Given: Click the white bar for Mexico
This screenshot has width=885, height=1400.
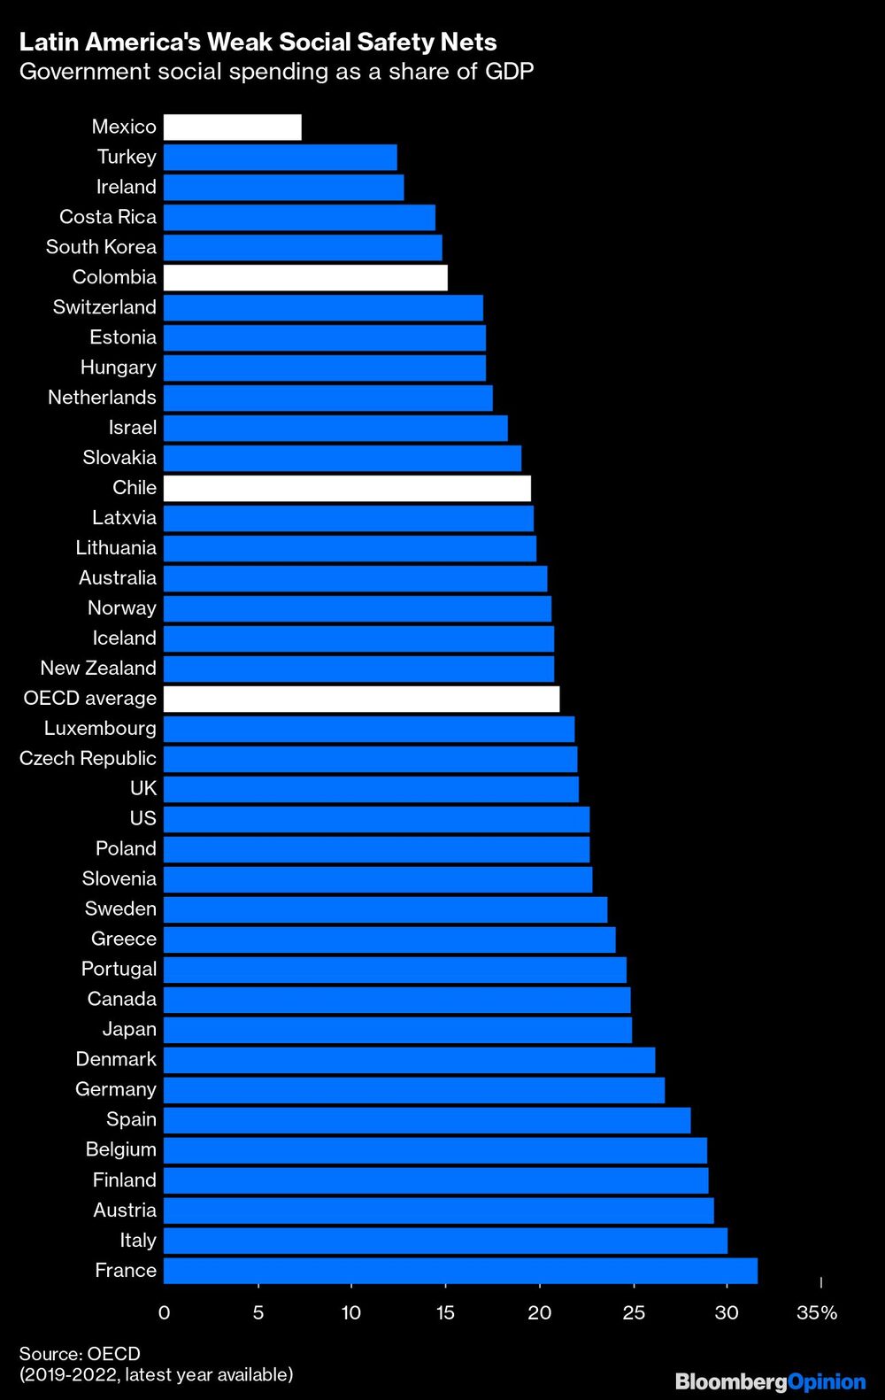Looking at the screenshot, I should pos(232,128).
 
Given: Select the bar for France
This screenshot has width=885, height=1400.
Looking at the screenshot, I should pos(460,1271).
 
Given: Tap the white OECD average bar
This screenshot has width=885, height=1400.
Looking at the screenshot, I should pos(361,699).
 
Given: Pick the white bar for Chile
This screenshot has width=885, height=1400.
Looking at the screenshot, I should pos(347,488).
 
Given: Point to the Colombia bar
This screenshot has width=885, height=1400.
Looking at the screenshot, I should pos(305,277).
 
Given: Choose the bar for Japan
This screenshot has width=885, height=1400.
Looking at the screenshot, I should pos(397,1030).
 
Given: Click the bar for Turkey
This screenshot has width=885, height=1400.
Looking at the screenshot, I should pos(280,158).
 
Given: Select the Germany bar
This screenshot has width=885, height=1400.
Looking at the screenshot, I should pos(413,1090).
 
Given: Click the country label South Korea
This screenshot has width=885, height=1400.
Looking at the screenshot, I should pos(101,247).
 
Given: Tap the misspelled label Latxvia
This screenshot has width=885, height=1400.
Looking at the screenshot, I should pos(124,518).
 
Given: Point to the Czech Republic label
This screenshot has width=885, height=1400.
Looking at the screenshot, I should pos(88,759).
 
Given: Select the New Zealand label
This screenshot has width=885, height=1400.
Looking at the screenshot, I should pos(98,669).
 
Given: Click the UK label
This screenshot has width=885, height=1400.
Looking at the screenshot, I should pos(142,789).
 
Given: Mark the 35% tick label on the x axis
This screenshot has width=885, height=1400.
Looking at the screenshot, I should pos(816,1312).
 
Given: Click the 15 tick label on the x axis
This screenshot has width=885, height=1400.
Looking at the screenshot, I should pos(445,1312).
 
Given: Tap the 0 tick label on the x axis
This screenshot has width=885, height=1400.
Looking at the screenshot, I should pos(164,1312).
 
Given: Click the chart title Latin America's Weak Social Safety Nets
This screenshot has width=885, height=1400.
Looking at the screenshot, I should pos(258,42).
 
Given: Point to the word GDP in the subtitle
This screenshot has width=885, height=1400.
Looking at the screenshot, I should pos(509,72).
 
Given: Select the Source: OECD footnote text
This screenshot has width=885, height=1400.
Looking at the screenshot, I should pos(80,1354).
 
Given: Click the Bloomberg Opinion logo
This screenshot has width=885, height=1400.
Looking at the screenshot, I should pos(770,1381).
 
